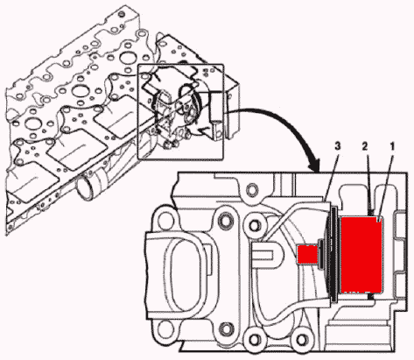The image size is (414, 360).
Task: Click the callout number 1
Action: tap(392, 146)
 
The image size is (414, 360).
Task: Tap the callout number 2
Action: tap(366, 146)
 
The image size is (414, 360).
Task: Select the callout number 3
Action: tap(338, 146)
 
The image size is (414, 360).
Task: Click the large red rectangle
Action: tap(361, 254)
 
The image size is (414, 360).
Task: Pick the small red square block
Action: tap(307, 254)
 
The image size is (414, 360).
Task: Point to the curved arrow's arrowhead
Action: tap(316, 166)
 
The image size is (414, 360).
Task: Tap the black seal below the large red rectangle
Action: tap(371, 296)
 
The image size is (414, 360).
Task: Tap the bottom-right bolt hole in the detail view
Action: tap(302, 338)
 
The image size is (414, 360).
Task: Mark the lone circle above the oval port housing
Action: tap(251, 190)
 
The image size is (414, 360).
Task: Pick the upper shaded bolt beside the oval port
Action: tap(225, 220)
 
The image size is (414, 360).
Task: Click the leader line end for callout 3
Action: tap(325, 201)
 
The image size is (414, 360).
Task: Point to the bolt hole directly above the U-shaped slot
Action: tap(255, 224)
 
